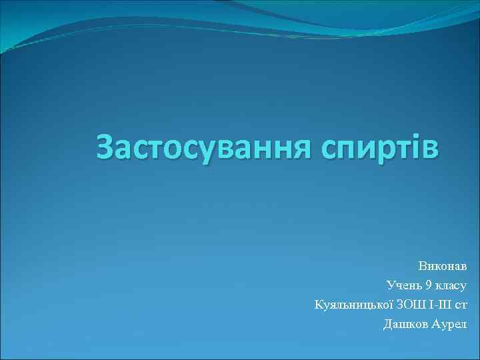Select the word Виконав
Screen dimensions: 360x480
[443, 266]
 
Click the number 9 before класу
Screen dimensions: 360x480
[429, 286]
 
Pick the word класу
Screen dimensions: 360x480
[451, 286]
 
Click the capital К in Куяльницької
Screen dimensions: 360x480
[318, 305]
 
